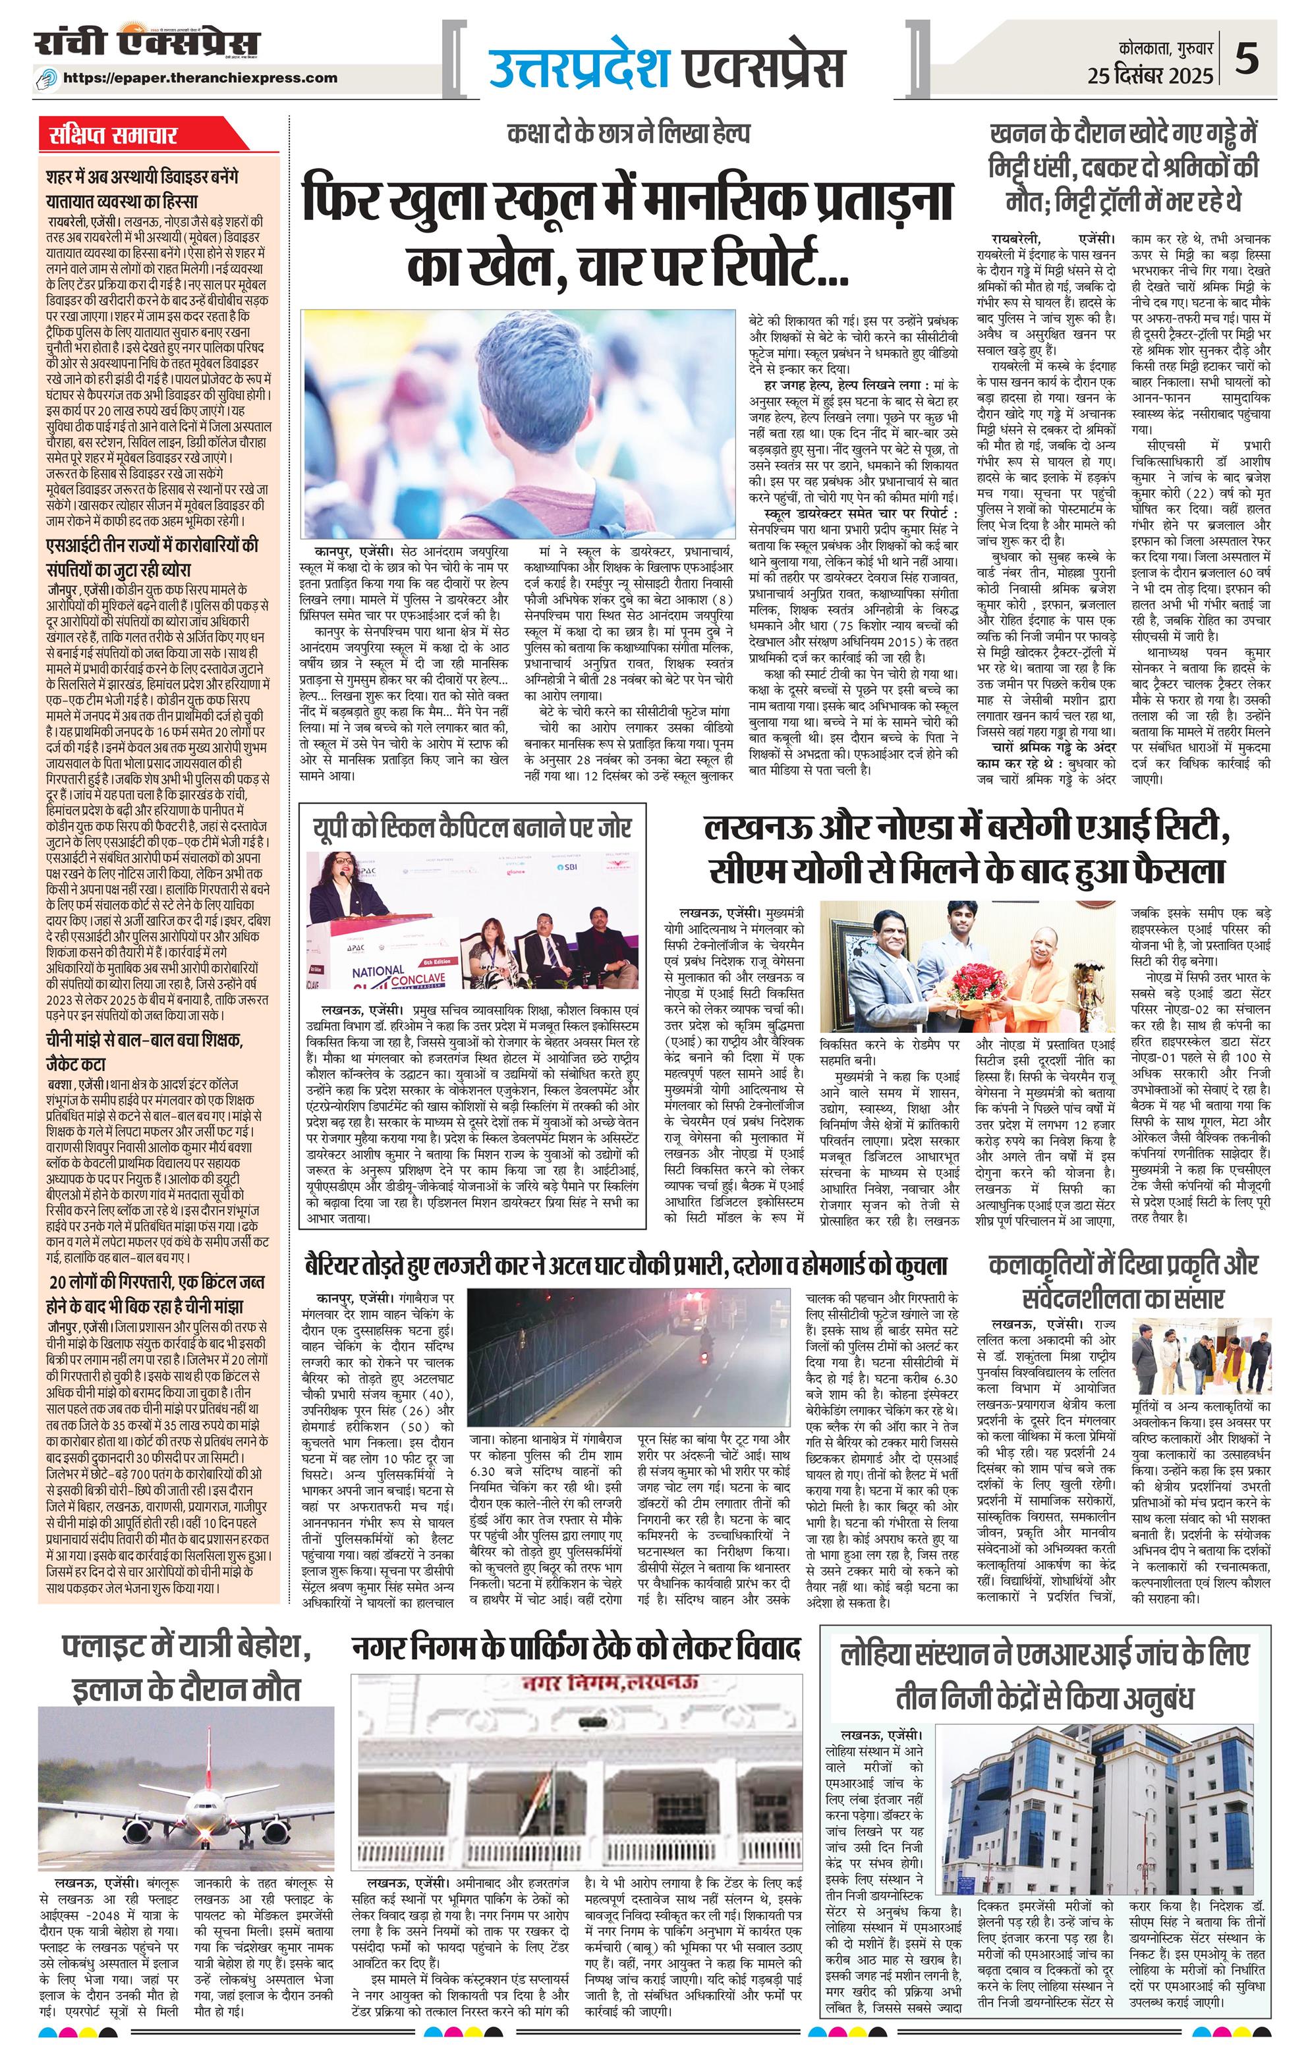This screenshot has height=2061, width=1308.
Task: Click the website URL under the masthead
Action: point(213,78)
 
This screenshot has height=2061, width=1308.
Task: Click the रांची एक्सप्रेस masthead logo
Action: point(146,45)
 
